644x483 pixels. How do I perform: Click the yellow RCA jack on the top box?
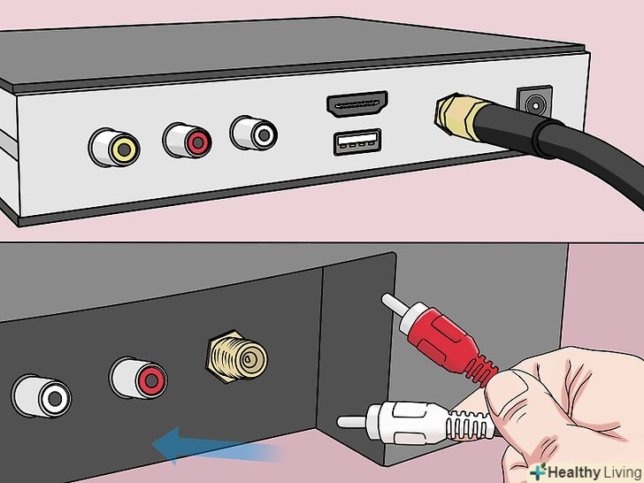[x=114, y=147]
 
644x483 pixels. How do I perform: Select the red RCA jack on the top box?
[x=188, y=141]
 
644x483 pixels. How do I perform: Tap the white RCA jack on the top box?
[x=253, y=133]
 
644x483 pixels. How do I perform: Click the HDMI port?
[x=356, y=103]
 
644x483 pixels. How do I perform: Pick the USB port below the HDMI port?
[x=356, y=142]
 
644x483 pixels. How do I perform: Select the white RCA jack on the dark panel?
[x=42, y=396]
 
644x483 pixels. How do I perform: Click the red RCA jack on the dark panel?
[x=138, y=378]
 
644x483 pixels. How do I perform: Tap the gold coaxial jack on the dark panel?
[x=236, y=356]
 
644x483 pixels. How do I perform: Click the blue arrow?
[x=218, y=446]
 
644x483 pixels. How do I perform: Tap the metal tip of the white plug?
[x=352, y=421]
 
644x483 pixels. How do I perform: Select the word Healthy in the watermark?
[x=574, y=472]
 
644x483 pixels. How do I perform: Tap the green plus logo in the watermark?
[x=538, y=471]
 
